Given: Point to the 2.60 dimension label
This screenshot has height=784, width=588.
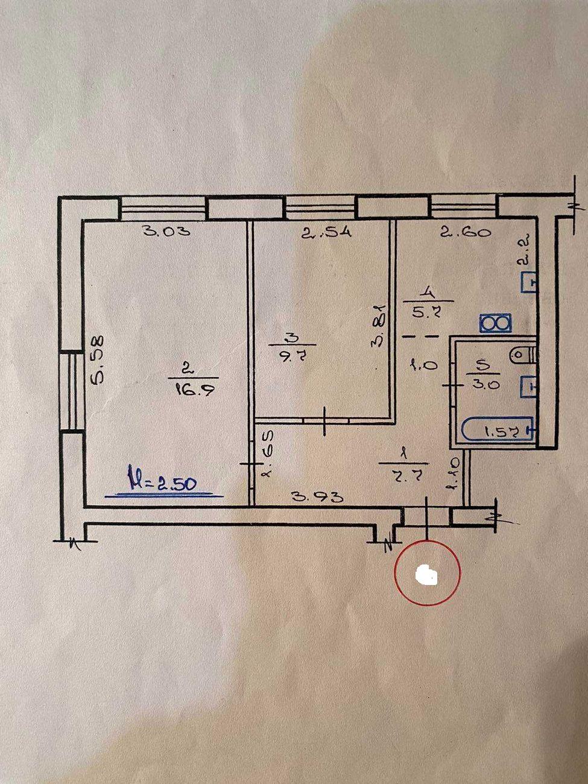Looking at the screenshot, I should [x=464, y=232].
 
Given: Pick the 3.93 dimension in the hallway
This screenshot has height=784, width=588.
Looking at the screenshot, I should [x=317, y=496].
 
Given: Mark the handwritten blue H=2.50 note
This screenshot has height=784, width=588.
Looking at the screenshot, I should [x=162, y=482].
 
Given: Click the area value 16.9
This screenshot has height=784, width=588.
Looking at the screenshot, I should [x=187, y=390].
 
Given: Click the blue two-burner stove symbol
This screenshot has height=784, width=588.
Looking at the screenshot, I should [x=495, y=324].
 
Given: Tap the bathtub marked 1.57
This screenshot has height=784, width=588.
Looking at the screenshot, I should [x=498, y=431].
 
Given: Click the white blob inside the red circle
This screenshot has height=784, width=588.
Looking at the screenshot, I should [x=427, y=575].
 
